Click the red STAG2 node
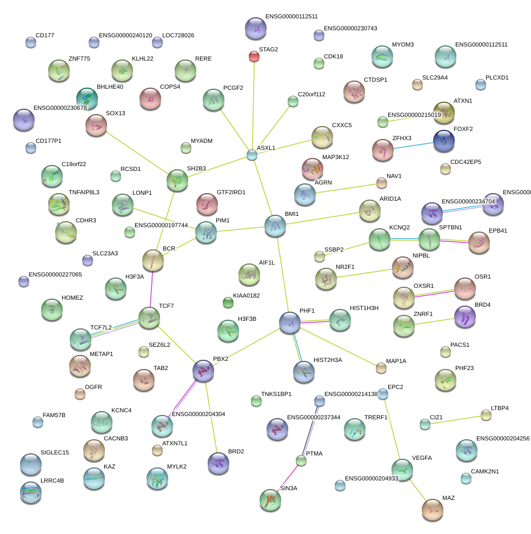click(x=254, y=56)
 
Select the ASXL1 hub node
click(x=252, y=155)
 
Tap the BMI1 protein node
click(x=275, y=226)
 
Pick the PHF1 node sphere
click(x=290, y=322)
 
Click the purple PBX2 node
click(x=203, y=371)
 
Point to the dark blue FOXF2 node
click(x=444, y=141)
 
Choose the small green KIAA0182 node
click(x=228, y=302)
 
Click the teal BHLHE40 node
click(x=87, y=98)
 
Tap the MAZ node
click(x=433, y=510)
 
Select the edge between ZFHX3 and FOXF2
click(x=413, y=146)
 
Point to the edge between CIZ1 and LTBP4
click(x=455, y=420)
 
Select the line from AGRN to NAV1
click(x=346, y=189)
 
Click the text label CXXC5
click(x=342, y=126)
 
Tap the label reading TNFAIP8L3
click(x=84, y=193)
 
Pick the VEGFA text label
click(x=422, y=458)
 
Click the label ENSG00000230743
click(x=350, y=28)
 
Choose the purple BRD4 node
click(x=465, y=317)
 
